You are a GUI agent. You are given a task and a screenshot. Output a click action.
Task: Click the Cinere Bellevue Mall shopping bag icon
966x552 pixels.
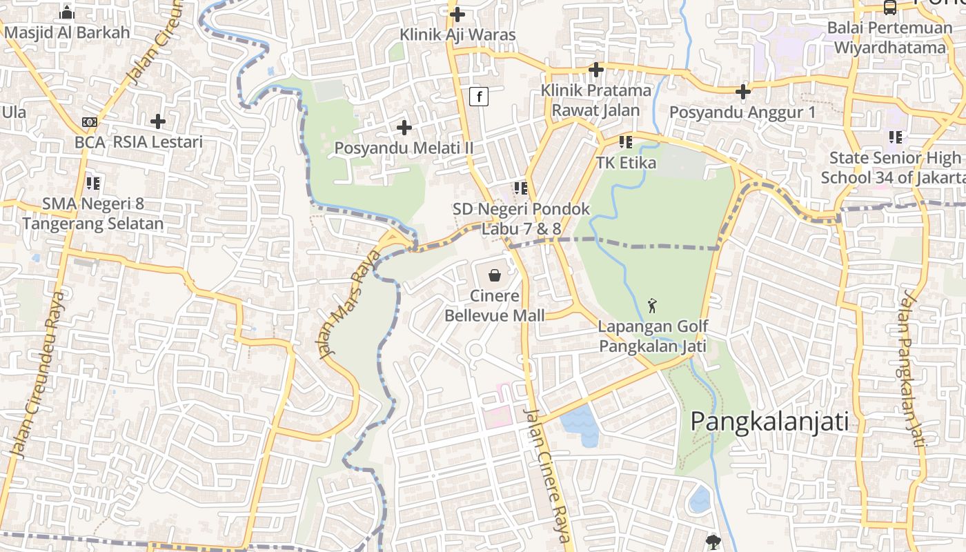pyautogui.click(x=495, y=276)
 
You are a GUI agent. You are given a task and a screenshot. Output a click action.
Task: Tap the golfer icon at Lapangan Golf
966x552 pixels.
pyautogui.click(x=652, y=305)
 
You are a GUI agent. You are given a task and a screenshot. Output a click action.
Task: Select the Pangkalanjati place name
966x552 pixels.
pyautogui.click(x=769, y=421)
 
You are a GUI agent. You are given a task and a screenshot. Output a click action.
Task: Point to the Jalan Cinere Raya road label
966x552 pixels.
pyautogui.click(x=548, y=476)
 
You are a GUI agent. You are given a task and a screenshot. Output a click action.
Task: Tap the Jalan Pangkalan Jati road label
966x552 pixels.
pyautogui.click(x=911, y=369)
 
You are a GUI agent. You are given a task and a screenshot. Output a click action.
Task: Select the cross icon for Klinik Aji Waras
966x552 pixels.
pyautogui.click(x=457, y=14)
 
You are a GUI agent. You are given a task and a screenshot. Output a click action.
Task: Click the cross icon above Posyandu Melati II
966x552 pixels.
pyautogui.click(x=404, y=128)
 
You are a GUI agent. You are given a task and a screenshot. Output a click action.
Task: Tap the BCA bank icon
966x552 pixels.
pyautogui.click(x=90, y=122)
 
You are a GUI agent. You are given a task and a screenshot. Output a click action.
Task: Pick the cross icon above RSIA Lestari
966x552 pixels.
pyautogui.click(x=158, y=121)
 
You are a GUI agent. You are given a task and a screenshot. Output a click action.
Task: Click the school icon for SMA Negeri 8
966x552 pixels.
pyautogui.click(x=93, y=184)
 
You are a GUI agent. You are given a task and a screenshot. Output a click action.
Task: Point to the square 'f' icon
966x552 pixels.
pyautogui.click(x=479, y=97)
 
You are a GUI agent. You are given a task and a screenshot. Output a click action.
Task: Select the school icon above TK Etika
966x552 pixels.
pyautogui.click(x=626, y=142)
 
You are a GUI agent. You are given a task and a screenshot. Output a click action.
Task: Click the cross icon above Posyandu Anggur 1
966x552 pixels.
pyautogui.click(x=743, y=91)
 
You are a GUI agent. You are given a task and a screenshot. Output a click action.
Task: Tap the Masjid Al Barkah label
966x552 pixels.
pyautogui.click(x=67, y=32)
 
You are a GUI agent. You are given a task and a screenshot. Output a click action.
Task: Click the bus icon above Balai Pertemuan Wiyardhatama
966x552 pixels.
pyautogui.click(x=890, y=8)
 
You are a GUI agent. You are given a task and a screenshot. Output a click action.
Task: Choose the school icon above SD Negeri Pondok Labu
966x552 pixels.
pyautogui.click(x=521, y=188)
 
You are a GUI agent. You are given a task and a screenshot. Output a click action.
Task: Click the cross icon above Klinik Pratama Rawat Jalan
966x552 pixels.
pyautogui.click(x=596, y=70)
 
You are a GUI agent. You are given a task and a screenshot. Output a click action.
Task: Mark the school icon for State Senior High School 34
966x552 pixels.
pyautogui.click(x=896, y=137)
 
